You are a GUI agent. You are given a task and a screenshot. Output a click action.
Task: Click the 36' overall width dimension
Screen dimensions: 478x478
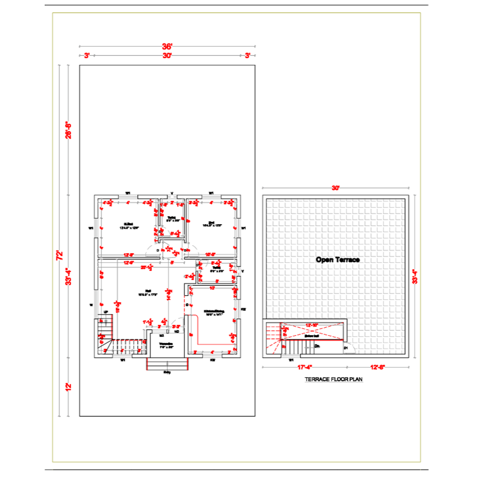(x=167, y=46)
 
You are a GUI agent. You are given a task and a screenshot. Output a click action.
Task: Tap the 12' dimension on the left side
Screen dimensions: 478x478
(x=68, y=386)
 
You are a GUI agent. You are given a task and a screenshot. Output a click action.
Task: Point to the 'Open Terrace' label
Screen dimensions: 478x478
(x=337, y=260)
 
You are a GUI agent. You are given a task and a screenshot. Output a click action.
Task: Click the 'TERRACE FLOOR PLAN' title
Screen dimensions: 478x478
(x=334, y=380)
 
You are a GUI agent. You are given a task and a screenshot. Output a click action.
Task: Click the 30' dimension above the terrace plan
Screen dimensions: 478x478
(x=336, y=188)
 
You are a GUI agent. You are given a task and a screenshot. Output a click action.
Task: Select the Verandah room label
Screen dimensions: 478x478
(x=166, y=345)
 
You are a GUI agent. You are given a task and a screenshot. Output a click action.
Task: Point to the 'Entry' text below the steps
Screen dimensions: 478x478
(x=167, y=372)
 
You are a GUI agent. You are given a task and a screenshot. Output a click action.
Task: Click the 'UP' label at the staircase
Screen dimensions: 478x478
(x=106, y=312)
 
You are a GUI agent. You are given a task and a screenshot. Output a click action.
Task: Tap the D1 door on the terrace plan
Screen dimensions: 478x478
(x=346, y=348)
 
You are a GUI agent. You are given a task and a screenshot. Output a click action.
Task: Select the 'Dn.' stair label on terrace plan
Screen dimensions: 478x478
(x=317, y=345)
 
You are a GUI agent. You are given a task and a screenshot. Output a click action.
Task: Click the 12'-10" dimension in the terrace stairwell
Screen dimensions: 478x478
(x=312, y=326)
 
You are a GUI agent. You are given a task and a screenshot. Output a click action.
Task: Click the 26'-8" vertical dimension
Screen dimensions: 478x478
(x=68, y=130)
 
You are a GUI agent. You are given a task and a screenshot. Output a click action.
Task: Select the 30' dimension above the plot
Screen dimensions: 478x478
(x=167, y=55)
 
